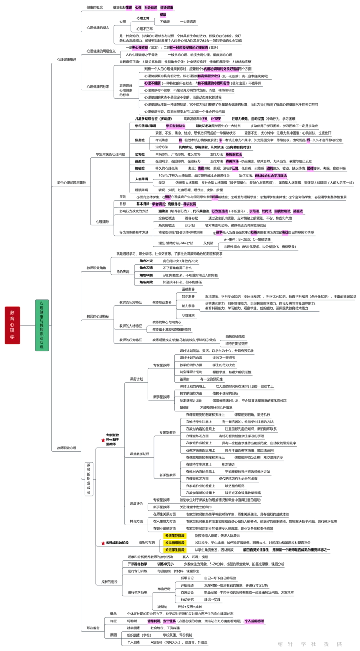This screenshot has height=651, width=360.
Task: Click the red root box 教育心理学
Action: [13, 325]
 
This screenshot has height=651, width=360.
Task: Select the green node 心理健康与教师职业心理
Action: [42, 325]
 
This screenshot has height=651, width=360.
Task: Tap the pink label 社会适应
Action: [151, 8]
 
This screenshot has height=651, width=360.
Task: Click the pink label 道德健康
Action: [167, 8]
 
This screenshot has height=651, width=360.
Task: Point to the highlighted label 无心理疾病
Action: [140, 47]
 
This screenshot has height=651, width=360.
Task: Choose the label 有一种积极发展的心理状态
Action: [189, 47]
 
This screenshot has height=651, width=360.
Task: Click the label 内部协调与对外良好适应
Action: [221, 69]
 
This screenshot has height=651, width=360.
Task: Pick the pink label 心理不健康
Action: [153, 83]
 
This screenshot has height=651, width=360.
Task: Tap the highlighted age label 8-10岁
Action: [216, 119]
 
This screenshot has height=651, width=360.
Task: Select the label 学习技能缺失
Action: [176, 126]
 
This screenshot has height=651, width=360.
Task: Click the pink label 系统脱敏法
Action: [234, 154]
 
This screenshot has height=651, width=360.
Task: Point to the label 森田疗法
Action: [232, 161]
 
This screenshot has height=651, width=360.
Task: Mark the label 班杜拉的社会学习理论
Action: [270, 175]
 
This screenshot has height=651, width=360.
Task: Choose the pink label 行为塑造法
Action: [220, 211]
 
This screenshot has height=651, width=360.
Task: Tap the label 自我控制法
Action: [283, 211]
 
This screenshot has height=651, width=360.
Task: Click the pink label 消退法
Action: [298, 211]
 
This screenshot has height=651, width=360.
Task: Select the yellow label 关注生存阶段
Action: [175, 536]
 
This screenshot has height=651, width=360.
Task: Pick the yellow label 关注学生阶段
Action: [175, 550]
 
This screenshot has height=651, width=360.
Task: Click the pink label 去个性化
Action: [170, 621]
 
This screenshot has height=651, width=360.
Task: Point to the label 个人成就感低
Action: [255, 621]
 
